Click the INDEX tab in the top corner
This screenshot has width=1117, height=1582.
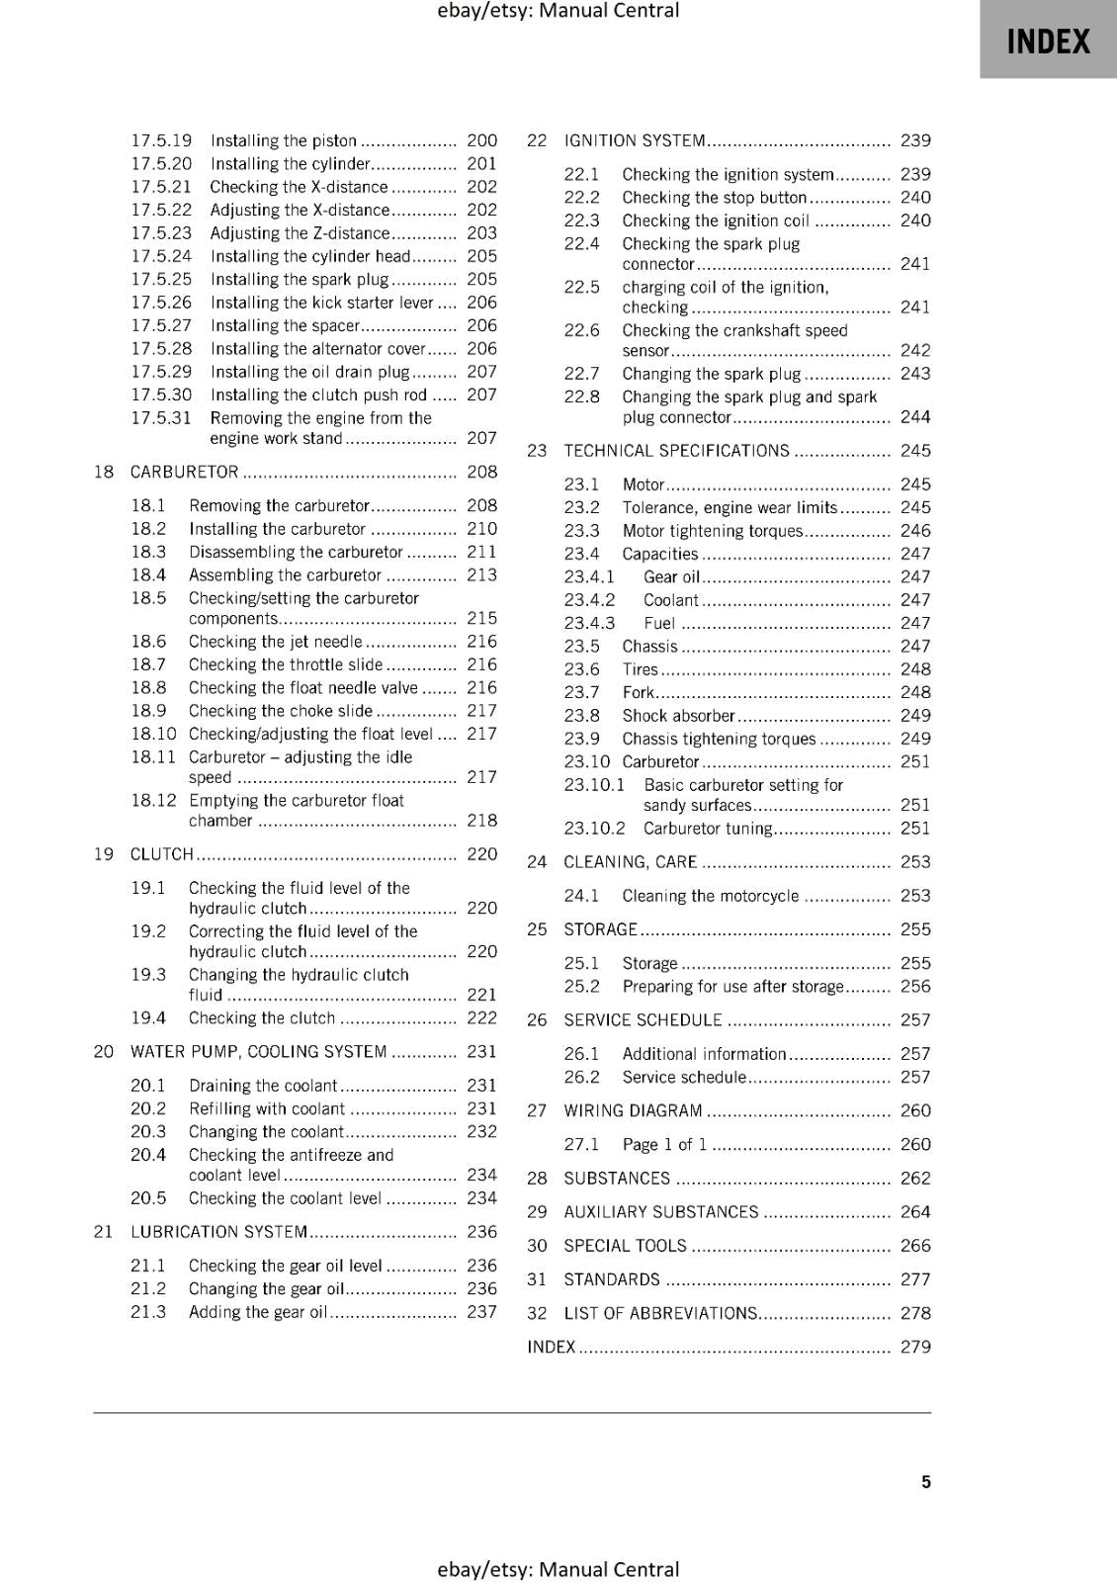1048,41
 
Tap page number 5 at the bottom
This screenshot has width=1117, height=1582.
925,1481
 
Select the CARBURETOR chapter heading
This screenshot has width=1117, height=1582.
185,472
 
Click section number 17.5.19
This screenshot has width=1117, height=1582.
161,140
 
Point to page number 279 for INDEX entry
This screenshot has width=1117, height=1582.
915,1347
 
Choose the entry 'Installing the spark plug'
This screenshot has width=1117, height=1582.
300,279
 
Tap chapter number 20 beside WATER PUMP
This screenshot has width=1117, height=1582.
104,1051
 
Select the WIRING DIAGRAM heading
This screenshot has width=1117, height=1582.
633,1110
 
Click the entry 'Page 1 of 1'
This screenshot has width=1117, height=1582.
664,1144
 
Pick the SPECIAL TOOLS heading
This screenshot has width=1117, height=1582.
625,1246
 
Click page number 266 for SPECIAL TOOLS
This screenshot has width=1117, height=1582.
915,1246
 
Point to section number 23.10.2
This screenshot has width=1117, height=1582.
594,829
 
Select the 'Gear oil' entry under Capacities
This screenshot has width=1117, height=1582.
671,576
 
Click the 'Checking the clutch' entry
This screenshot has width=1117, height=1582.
262,1017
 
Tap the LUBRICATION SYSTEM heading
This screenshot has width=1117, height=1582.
218,1232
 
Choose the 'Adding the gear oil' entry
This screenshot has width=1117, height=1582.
257,1312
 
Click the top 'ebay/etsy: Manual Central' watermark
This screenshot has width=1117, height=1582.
558,11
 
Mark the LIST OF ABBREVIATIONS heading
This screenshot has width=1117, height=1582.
660,1313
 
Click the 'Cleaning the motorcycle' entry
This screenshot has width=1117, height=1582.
710,896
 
